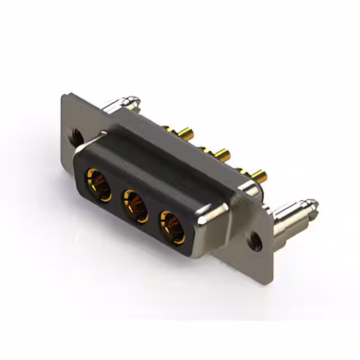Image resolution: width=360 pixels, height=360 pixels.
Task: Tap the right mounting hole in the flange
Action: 258,239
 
